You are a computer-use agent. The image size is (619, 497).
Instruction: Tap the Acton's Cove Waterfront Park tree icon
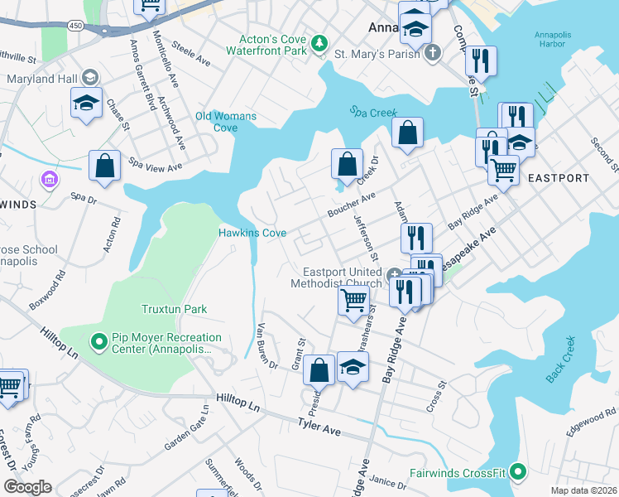pyautogui.click(x=319, y=43)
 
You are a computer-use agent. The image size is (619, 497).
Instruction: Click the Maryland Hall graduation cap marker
pyautogui.click(x=86, y=101)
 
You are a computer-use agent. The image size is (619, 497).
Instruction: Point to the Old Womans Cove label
pyautogui.click(x=226, y=122)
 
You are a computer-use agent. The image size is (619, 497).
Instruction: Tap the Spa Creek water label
pyautogui.click(x=372, y=112)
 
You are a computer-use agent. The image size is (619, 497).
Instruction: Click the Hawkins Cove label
pyautogui.click(x=252, y=233)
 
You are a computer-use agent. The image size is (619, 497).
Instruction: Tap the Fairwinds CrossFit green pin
pyautogui.click(x=517, y=473)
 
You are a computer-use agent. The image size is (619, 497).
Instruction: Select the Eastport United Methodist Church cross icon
pyautogui.click(x=396, y=276)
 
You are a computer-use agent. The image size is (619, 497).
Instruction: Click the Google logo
pyautogui.click(x=26, y=487)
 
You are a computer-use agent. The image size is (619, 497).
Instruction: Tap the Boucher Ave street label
pyautogui.click(x=351, y=201)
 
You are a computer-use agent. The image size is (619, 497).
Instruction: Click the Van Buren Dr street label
pyautogui.click(x=266, y=345)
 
